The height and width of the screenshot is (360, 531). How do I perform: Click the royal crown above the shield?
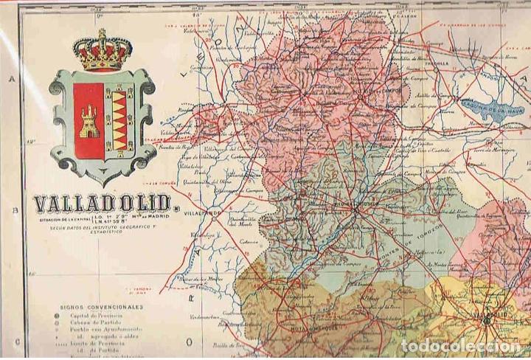click(102, 51)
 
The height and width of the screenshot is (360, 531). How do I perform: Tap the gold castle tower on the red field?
click(89, 121)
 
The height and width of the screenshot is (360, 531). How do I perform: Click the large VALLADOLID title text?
click(102, 204)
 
